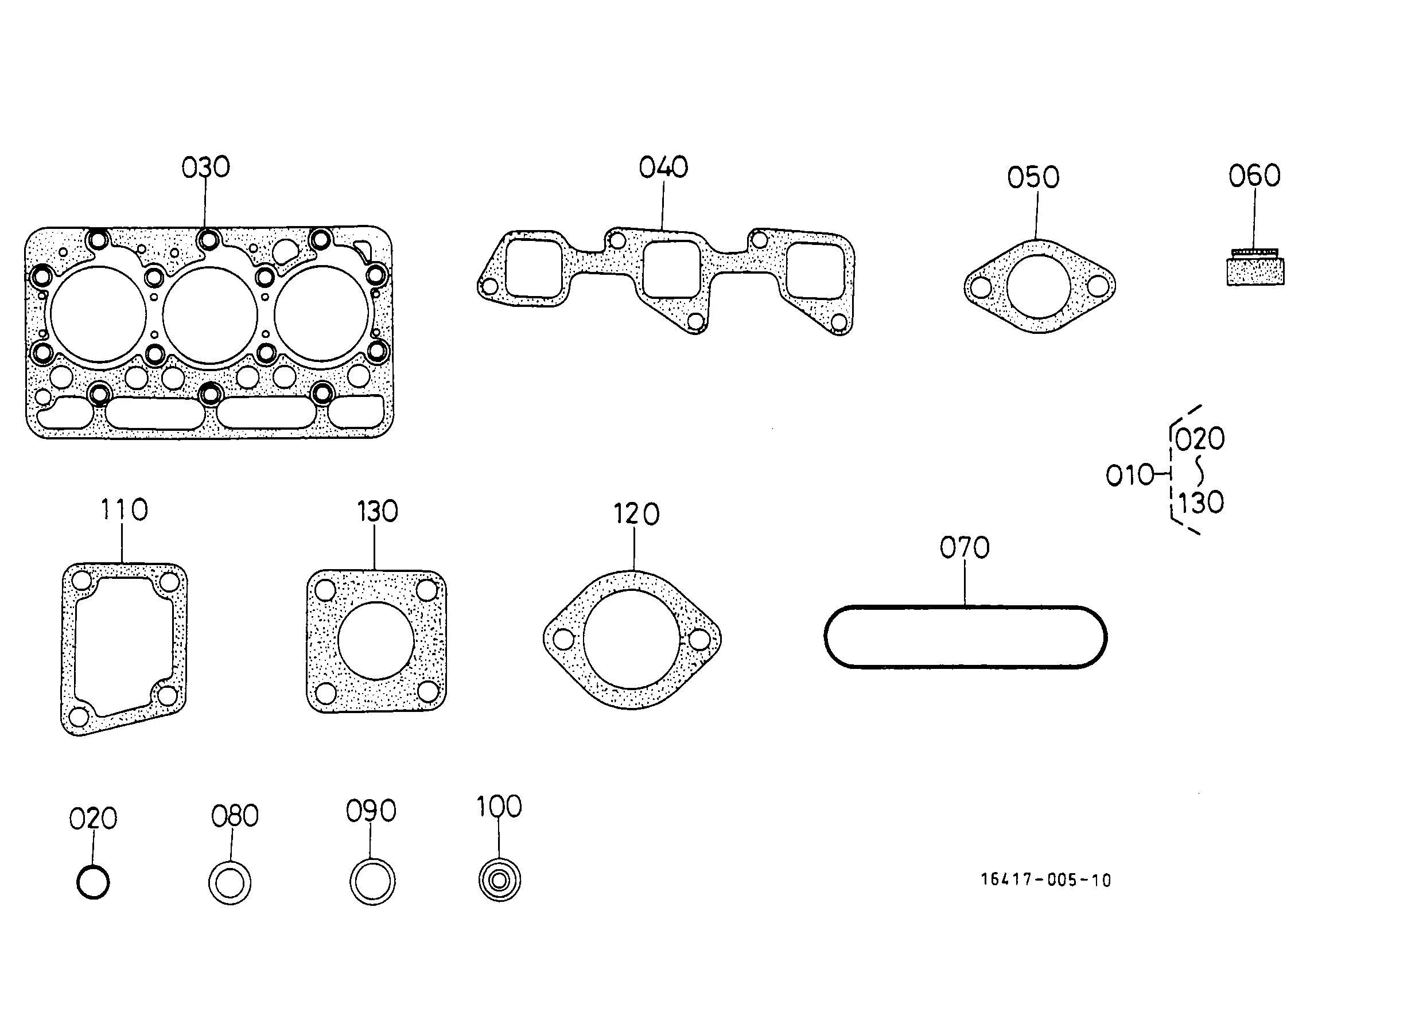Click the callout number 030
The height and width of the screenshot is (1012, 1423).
[x=205, y=167]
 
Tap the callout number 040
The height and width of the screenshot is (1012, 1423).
[x=663, y=167]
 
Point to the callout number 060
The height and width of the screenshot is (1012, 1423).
[x=1255, y=176]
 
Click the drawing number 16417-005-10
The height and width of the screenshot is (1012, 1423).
[x=1046, y=879]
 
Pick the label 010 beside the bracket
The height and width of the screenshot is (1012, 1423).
[x=1130, y=476]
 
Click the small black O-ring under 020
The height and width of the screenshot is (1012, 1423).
[x=93, y=882]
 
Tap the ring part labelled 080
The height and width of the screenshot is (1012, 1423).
[x=230, y=883]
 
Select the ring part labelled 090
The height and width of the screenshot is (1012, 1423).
[x=372, y=882]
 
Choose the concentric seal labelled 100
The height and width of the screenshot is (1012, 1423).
[x=499, y=880]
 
